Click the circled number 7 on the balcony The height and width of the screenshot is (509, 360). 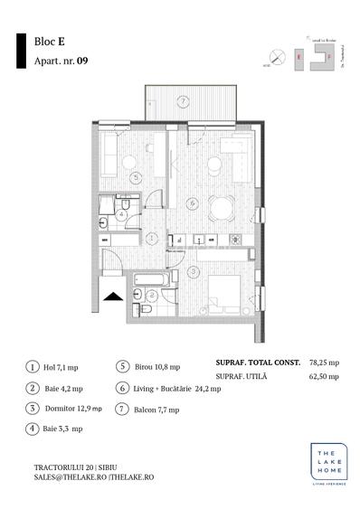click(183, 100)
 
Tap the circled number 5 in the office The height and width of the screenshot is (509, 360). click(136, 178)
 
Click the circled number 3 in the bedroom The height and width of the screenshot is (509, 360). click(193, 270)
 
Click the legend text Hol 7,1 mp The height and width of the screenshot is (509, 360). click(62, 368)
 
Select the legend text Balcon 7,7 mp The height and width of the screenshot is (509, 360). click(159, 410)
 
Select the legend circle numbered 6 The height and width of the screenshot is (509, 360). click(122, 389)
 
